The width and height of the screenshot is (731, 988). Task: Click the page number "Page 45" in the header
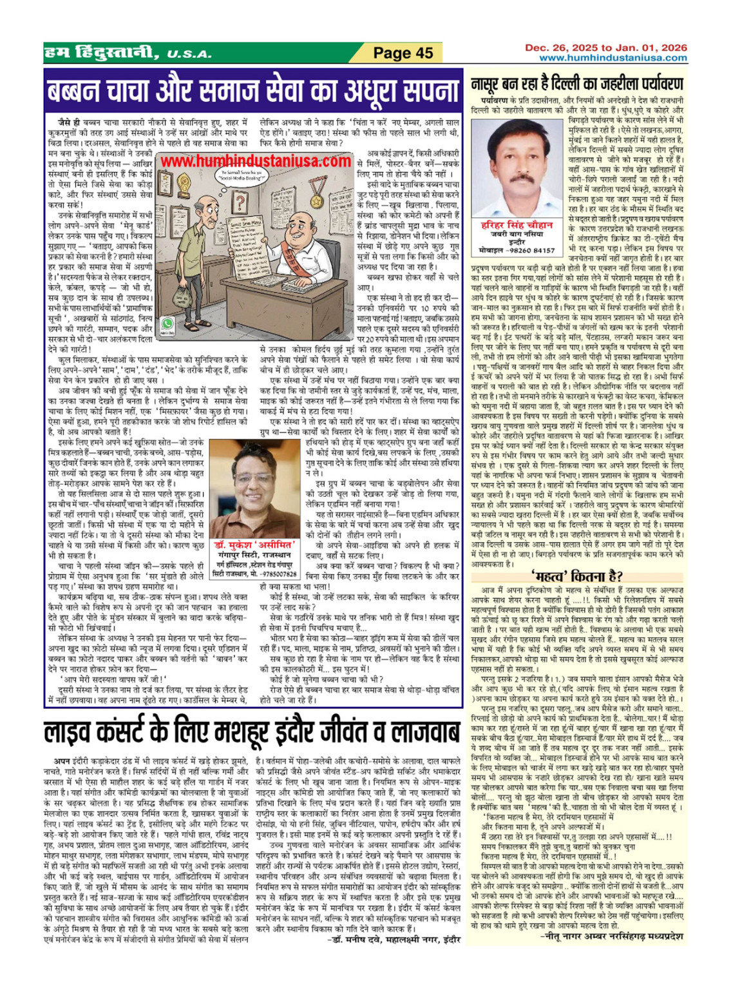coord(403,53)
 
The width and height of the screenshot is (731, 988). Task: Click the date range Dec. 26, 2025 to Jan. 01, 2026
coord(606,48)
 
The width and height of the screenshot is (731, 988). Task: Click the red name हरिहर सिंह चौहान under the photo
coord(517,225)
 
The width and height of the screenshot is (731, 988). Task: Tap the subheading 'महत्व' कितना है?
coord(576,576)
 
